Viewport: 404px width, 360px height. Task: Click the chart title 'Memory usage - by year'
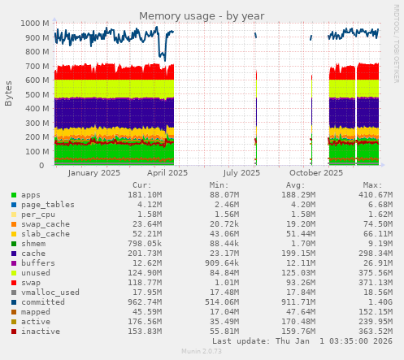click(x=202, y=15)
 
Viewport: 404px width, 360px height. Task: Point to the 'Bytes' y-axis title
click(x=9, y=93)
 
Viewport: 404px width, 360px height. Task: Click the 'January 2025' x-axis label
click(x=94, y=172)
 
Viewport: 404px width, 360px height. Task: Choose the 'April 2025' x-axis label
click(x=167, y=172)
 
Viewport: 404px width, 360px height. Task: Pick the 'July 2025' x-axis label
click(x=241, y=172)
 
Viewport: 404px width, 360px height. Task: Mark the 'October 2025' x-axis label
click(x=315, y=172)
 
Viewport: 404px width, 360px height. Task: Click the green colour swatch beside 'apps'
click(x=14, y=195)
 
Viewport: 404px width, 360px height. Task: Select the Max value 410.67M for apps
click(x=376, y=195)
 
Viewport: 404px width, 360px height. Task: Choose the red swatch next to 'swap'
click(x=14, y=283)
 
